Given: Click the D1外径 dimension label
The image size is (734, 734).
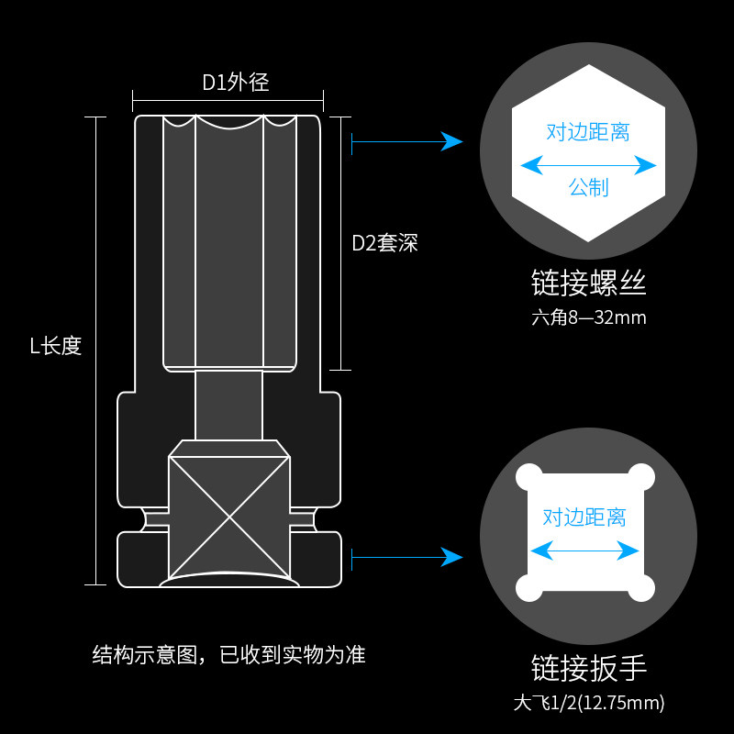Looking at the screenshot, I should [x=236, y=82].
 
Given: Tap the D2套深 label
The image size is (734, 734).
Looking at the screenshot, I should [x=385, y=243].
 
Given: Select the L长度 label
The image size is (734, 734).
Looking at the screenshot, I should [x=56, y=346].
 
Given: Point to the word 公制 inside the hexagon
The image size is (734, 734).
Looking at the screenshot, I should [x=588, y=187].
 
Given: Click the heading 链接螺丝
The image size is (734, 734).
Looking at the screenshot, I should [x=588, y=284].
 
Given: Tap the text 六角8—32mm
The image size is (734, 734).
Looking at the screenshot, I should [x=588, y=318].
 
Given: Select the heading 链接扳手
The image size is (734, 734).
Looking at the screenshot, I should [x=588, y=668].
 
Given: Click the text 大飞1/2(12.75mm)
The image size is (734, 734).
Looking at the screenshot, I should [x=588, y=704].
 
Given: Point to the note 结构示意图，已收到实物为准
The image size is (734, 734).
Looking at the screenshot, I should [x=229, y=654].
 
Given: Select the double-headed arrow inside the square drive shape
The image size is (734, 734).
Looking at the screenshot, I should [x=584, y=550].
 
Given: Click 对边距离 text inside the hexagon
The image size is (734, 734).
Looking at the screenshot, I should [x=588, y=132].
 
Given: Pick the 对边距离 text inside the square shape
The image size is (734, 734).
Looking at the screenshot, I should [x=584, y=517].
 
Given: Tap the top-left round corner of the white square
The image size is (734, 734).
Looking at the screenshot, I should [x=528, y=477].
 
